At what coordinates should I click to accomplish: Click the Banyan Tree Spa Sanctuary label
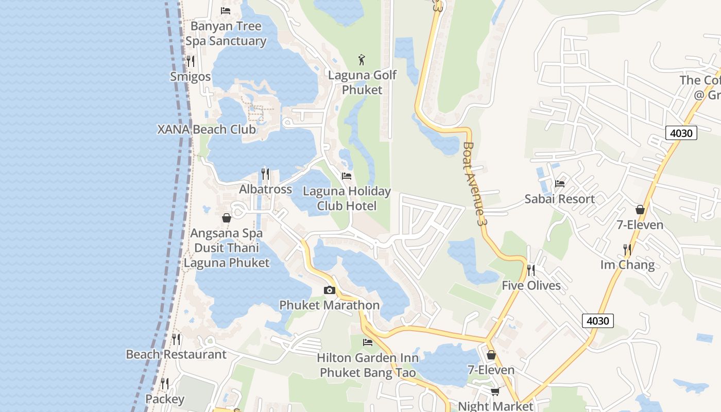(x=226, y=33)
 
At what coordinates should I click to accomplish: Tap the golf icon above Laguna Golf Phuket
(x=362, y=60)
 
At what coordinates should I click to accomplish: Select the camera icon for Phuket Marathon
(x=330, y=290)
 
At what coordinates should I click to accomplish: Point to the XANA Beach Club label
(x=207, y=129)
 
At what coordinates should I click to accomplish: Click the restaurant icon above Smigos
(x=191, y=61)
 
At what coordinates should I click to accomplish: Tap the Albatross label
(x=265, y=189)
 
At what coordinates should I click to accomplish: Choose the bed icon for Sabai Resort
(x=560, y=183)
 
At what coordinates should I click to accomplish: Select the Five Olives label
(x=531, y=285)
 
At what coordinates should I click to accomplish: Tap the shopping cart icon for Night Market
(x=495, y=391)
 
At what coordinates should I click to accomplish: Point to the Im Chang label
(x=627, y=265)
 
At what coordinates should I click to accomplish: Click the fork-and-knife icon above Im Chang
(x=627, y=250)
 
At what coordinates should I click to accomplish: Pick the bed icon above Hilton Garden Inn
(x=368, y=342)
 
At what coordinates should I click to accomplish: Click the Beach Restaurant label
(x=176, y=354)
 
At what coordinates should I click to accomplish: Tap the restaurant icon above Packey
(x=165, y=384)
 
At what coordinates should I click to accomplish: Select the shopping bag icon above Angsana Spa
(x=226, y=218)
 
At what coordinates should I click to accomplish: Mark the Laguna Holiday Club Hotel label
(x=347, y=198)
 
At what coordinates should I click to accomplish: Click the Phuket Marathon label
(x=330, y=305)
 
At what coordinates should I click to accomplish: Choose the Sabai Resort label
(x=559, y=199)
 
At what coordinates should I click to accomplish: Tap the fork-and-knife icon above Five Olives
(x=531, y=270)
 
